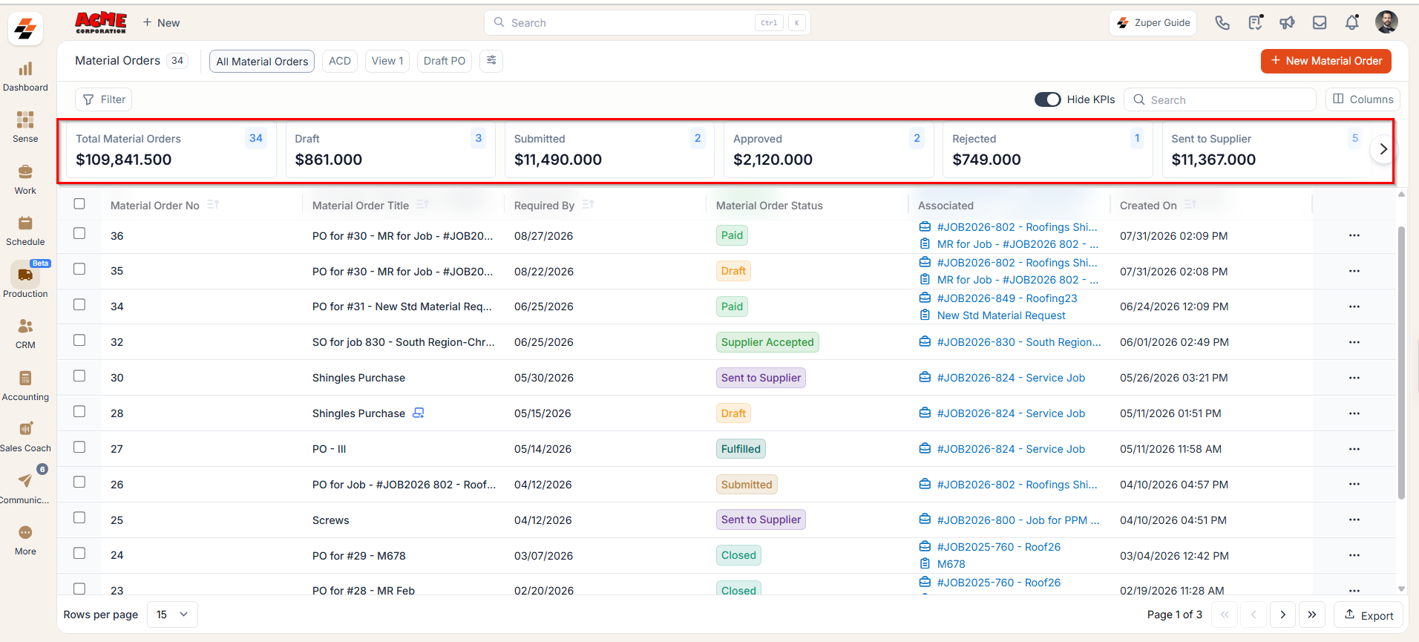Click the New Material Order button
(1325, 61)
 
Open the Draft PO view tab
(445, 61)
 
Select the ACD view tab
(340, 61)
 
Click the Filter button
(105, 99)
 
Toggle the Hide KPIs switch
(1048, 99)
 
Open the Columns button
(1363, 99)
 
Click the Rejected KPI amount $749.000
(986, 160)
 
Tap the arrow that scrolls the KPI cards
(1383, 149)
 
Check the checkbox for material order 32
(79, 340)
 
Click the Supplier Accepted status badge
(767, 342)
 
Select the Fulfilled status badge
(741, 449)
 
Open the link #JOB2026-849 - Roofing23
(1007, 298)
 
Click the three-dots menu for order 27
(1354, 449)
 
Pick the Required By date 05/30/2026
(544, 378)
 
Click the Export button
(1369, 615)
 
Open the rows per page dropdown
(172, 615)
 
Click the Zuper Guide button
(1153, 23)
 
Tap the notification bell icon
(1352, 22)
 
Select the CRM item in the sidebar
(25, 334)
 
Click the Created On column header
(1148, 206)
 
